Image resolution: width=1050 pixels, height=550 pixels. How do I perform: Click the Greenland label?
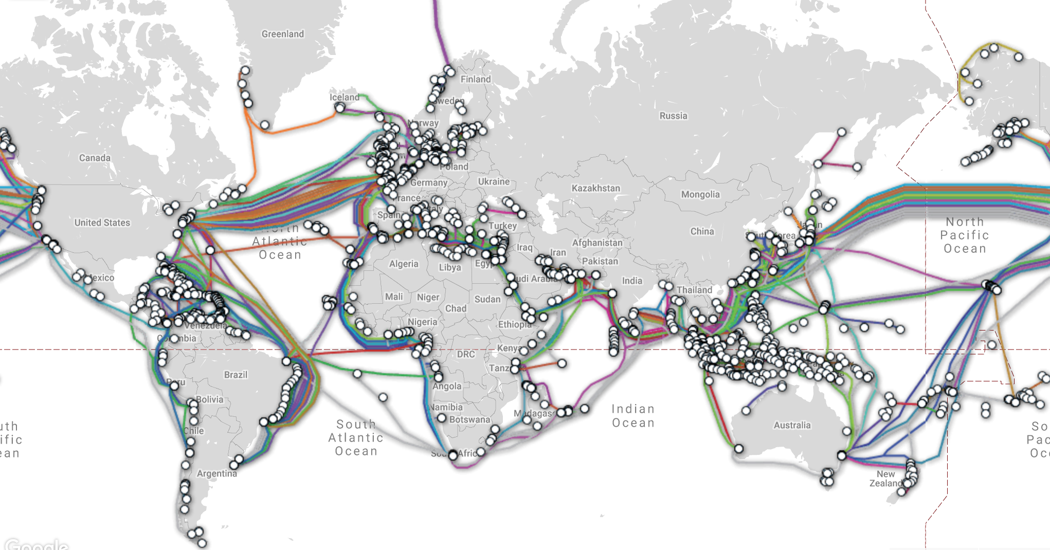[x=282, y=34]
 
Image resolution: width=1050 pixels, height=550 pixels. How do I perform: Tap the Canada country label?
[x=95, y=158]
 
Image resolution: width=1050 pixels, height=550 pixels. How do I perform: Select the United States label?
[x=102, y=223]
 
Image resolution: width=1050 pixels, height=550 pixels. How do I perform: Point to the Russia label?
[x=673, y=116]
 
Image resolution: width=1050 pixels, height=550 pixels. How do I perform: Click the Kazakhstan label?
[x=595, y=188]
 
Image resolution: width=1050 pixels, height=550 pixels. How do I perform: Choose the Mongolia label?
[x=700, y=194]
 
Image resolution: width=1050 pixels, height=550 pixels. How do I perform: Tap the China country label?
[x=702, y=231]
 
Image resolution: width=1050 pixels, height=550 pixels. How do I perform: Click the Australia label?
[x=792, y=425]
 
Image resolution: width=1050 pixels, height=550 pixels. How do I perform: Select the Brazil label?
[x=236, y=375]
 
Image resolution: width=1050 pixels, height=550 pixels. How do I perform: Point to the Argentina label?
[x=216, y=473]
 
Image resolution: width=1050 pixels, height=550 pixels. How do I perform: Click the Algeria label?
[x=404, y=264]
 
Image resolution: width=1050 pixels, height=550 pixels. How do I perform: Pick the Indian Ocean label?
[x=633, y=416]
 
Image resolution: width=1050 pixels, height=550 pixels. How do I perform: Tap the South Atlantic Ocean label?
[x=356, y=438]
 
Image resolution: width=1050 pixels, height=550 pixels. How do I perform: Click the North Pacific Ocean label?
[x=965, y=235]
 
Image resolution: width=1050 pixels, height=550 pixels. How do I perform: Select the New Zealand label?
[x=885, y=479]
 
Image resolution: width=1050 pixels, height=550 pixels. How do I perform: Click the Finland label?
[x=476, y=79]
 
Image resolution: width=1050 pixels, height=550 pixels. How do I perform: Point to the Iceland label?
[x=345, y=97]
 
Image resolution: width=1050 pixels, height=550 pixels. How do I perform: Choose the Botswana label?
[x=469, y=419]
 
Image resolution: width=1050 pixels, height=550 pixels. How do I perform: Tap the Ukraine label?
[x=494, y=181]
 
